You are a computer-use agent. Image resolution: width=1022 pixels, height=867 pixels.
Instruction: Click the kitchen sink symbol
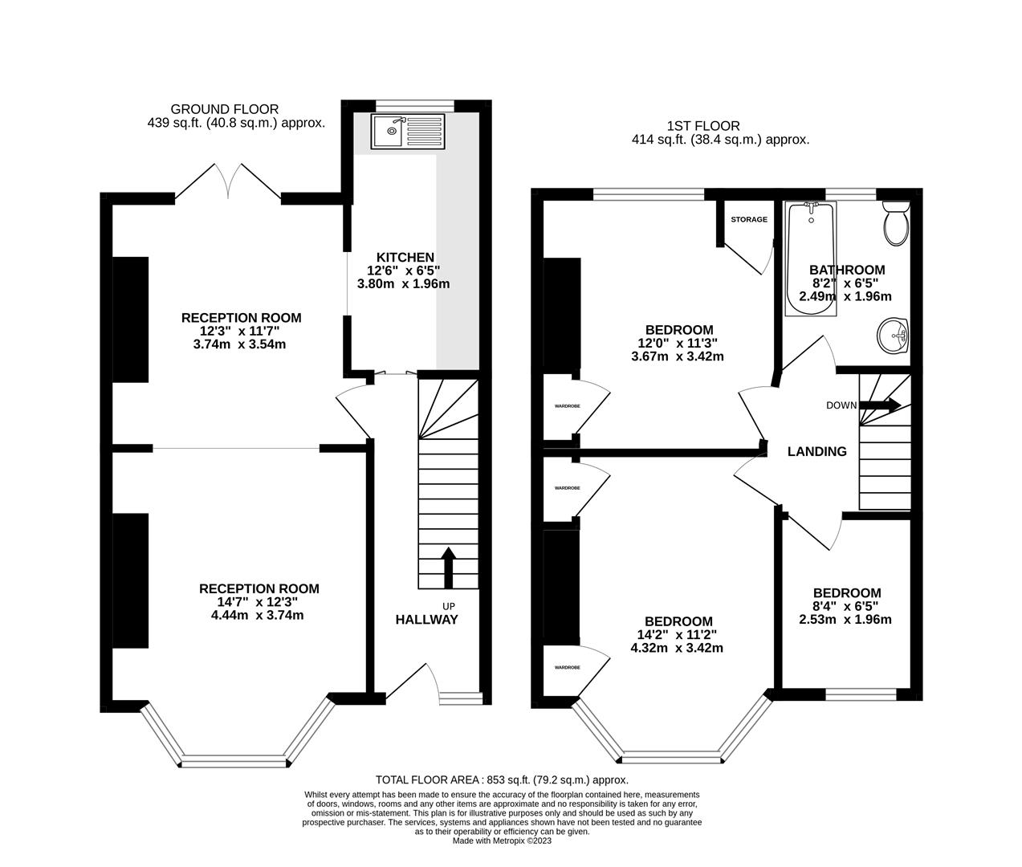pos(407,132)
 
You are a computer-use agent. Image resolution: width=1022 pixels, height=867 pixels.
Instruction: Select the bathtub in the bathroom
pos(811,257)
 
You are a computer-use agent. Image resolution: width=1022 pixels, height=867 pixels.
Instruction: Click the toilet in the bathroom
pos(894,222)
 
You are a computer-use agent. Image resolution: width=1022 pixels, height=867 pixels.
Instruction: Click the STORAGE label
pos(748,219)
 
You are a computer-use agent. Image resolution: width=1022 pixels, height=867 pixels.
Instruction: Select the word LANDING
pos(816,451)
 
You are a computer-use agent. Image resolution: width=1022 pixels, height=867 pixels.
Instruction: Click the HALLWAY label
pos(426,619)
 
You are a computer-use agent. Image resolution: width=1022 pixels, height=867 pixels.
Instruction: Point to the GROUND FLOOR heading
pos(224,109)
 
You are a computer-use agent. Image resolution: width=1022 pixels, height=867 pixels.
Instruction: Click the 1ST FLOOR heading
pos(702,125)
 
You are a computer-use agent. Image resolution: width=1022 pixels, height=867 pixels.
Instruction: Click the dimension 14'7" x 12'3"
pos(259,602)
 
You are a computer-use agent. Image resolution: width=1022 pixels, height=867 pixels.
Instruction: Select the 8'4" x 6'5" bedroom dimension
pos(845,606)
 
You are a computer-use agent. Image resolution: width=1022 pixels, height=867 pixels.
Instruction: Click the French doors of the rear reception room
pos(228,181)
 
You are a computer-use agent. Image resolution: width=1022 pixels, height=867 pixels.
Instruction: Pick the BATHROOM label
pos(846,270)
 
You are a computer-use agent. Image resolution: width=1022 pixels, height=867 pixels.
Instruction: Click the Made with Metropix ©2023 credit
pos(502,841)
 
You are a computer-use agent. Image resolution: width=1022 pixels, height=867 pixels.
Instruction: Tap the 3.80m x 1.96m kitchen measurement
pos(402,283)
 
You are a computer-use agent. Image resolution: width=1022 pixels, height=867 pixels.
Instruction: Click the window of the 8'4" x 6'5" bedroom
pos(861,694)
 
